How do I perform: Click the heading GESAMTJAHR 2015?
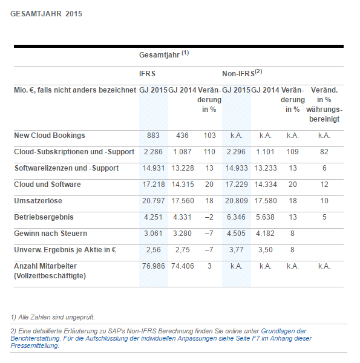click(47, 14)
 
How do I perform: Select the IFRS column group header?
click(147, 74)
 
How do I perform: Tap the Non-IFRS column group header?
click(242, 73)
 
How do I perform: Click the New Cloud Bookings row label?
click(50, 136)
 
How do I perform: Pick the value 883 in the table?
click(153, 136)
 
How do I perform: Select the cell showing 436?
click(182, 136)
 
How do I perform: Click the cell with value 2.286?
click(153, 152)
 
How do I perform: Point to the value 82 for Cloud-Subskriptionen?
click(324, 152)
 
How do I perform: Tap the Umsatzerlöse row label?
click(38, 201)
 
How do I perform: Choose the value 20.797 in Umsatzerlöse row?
click(154, 201)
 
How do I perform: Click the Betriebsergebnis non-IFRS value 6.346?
click(236, 217)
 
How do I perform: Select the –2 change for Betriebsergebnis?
click(209, 217)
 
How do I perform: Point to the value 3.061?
click(153, 234)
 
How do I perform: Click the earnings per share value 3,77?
click(237, 250)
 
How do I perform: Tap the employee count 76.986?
click(154, 266)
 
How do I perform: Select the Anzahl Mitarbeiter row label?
click(50, 271)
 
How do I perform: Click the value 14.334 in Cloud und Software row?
click(266, 185)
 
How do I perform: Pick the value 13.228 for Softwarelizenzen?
click(183, 168)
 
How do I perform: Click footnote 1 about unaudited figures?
click(53, 317)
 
